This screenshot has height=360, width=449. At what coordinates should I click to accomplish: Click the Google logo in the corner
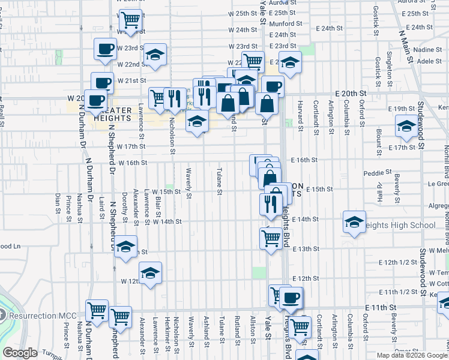[20, 353]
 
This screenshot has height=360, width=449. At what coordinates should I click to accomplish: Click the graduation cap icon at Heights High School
[354, 222]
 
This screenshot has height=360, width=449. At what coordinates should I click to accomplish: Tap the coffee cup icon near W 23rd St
[105, 49]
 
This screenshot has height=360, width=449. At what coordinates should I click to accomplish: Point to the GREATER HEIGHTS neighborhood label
[112, 114]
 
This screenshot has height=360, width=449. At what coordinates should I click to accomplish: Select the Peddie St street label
[378, 173]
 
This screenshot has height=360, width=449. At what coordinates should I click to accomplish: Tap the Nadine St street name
[428, 50]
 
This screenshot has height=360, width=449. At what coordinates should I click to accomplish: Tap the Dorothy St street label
[124, 204]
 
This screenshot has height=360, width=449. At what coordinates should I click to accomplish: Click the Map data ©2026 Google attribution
[411, 355]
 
